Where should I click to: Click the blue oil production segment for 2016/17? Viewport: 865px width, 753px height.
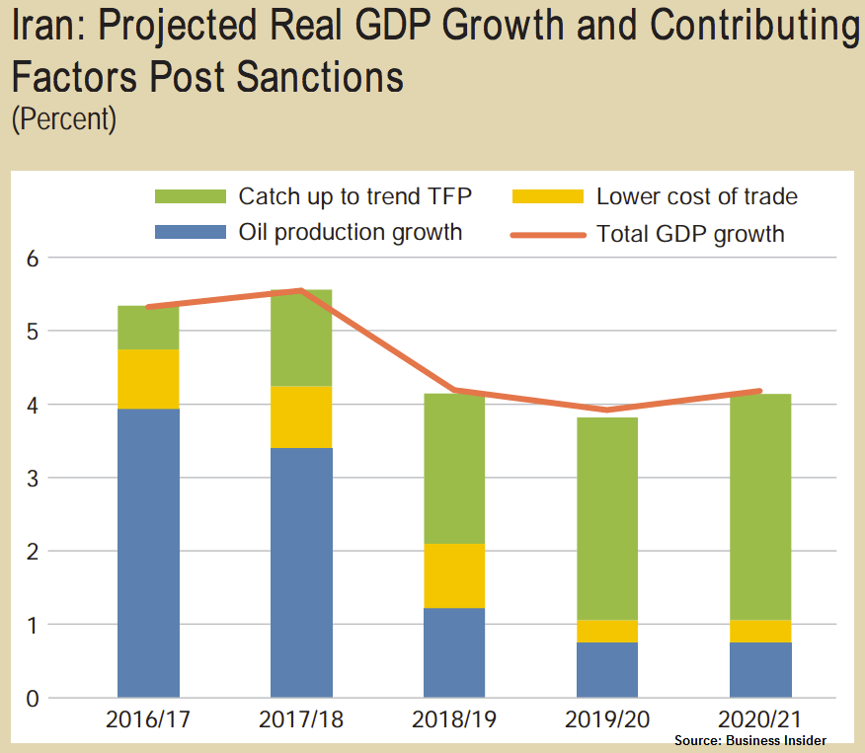[x=148, y=553]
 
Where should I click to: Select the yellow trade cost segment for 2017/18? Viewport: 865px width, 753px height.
[x=301, y=416]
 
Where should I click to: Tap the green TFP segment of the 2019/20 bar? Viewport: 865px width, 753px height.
[x=607, y=518]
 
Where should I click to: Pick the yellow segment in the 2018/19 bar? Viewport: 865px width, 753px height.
[x=454, y=575]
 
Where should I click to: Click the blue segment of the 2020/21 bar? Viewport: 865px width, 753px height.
[x=760, y=670]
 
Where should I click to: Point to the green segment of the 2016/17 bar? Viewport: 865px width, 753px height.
[x=148, y=328]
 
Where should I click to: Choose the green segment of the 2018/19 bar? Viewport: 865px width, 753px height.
[x=454, y=469]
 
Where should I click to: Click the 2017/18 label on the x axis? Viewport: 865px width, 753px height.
[x=301, y=720]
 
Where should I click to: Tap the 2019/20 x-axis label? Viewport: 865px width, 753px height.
[x=607, y=720]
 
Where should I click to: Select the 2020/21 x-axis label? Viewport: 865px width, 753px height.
[x=760, y=720]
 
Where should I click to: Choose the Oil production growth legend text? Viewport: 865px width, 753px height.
[x=351, y=234]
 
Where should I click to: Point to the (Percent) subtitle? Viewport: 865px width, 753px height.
[x=64, y=119]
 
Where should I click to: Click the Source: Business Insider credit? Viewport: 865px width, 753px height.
[x=750, y=740]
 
